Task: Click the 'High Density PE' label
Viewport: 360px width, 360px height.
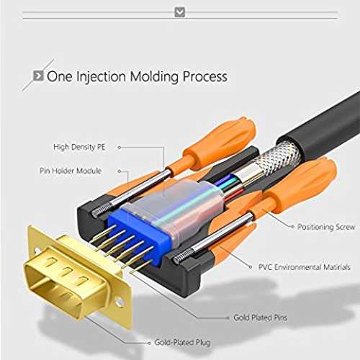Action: point(79,147)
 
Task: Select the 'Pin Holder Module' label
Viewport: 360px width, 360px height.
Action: point(71,171)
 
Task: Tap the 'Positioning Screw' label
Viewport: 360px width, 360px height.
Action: point(326,227)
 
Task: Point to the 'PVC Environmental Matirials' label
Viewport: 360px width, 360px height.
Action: point(305,267)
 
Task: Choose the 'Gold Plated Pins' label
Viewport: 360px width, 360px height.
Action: point(261,318)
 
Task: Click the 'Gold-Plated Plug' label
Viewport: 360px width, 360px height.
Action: point(182,342)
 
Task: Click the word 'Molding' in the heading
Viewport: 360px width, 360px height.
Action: point(155,77)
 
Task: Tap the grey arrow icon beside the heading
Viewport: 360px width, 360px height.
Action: point(38,76)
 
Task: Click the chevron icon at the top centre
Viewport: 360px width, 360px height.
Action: point(180,12)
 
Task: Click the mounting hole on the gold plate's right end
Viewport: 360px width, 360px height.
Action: point(119,302)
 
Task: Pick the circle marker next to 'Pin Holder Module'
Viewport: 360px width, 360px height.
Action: point(120,171)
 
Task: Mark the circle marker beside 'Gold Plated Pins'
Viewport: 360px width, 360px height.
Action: point(228,318)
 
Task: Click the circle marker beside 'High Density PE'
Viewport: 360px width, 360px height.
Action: point(120,148)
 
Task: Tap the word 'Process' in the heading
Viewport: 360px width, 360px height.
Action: point(205,77)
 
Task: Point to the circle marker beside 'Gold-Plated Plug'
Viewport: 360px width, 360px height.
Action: point(149,343)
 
